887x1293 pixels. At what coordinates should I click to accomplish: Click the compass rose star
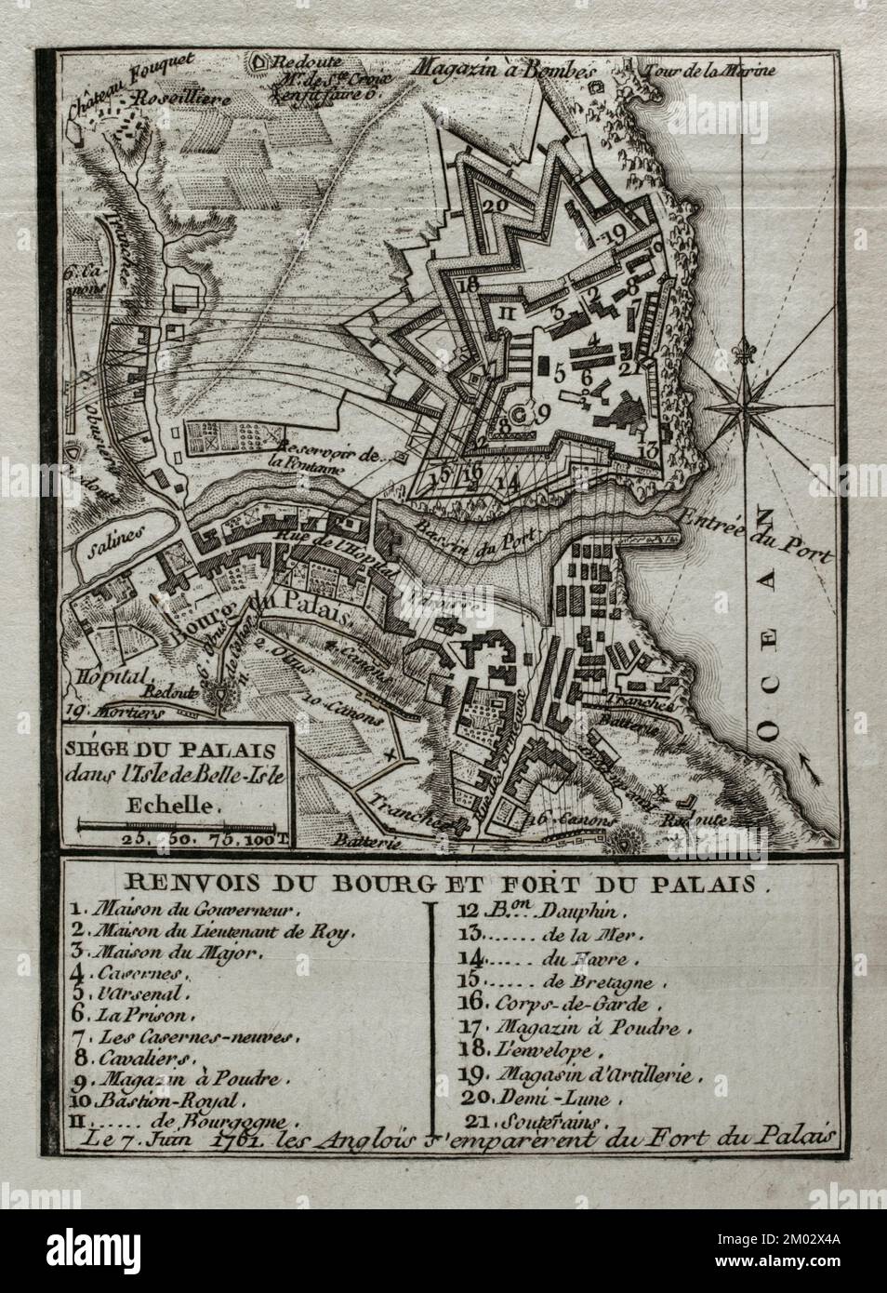tap(748, 407)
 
